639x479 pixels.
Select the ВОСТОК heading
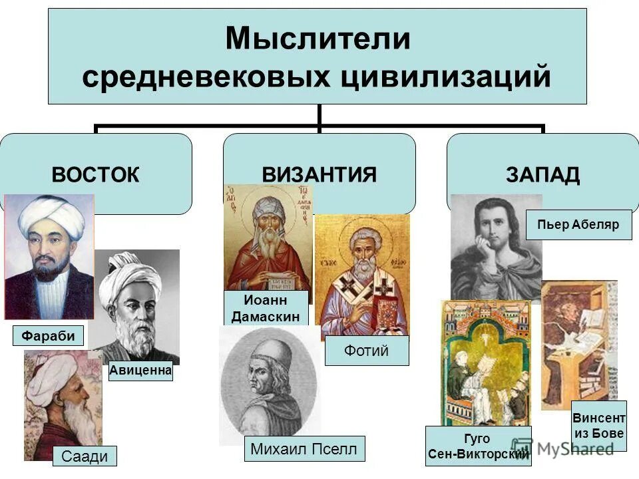[x=96, y=175]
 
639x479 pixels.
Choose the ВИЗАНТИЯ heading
[x=319, y=175]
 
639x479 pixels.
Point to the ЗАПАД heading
[x=542, y=175]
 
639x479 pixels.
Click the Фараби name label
[x=49, y=336]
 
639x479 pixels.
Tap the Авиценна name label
[x=140, y=371]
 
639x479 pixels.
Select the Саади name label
[x=85, y=456]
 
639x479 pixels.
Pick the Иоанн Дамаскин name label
[x=266, y=308]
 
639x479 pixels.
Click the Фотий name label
[x=367, y=351]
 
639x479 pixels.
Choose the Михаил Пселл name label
[x=304, y=449]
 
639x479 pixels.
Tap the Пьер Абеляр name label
[x=578, y=225]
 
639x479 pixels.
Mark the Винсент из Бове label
[x=599, y=426]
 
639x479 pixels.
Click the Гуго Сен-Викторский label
[x=478, y=446]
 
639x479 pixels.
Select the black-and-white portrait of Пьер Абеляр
[x=496, y=246]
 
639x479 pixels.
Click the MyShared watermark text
[x=572, y=449]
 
